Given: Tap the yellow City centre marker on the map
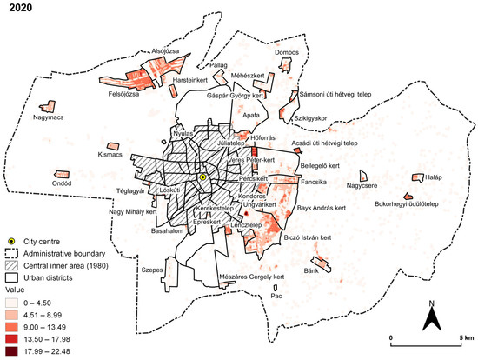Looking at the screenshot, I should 202,177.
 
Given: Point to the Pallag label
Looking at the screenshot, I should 218,64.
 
